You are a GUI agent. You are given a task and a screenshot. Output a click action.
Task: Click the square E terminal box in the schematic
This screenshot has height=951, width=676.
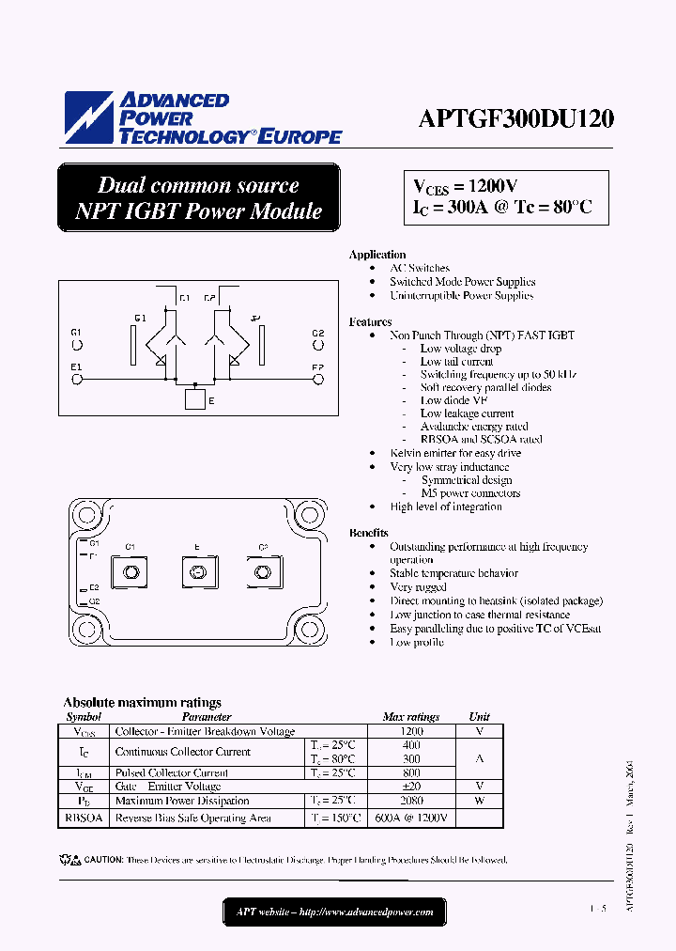194,399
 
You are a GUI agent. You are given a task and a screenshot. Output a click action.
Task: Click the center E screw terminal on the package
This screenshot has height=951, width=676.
197,573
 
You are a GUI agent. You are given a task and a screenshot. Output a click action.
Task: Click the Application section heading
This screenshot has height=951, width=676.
376,255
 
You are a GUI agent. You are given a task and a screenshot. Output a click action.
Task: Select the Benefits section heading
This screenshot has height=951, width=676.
369,533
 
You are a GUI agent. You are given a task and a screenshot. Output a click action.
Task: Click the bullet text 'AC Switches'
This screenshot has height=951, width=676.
420,268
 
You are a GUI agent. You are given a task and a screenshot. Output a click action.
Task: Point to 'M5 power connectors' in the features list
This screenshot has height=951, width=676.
470,493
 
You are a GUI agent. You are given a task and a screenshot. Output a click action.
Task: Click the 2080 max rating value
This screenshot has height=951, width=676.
411,801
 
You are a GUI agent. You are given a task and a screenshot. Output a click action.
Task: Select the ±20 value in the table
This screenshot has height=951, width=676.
411,787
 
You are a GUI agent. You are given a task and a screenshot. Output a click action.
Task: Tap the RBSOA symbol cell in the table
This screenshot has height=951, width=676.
84,818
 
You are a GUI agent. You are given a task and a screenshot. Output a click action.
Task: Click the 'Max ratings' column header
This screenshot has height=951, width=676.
411,716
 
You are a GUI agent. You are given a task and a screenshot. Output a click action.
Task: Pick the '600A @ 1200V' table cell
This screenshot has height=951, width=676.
411,818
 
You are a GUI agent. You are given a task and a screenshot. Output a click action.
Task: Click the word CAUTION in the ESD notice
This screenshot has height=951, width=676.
103,860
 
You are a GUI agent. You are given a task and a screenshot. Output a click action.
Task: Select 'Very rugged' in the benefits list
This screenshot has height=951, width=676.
418,587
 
